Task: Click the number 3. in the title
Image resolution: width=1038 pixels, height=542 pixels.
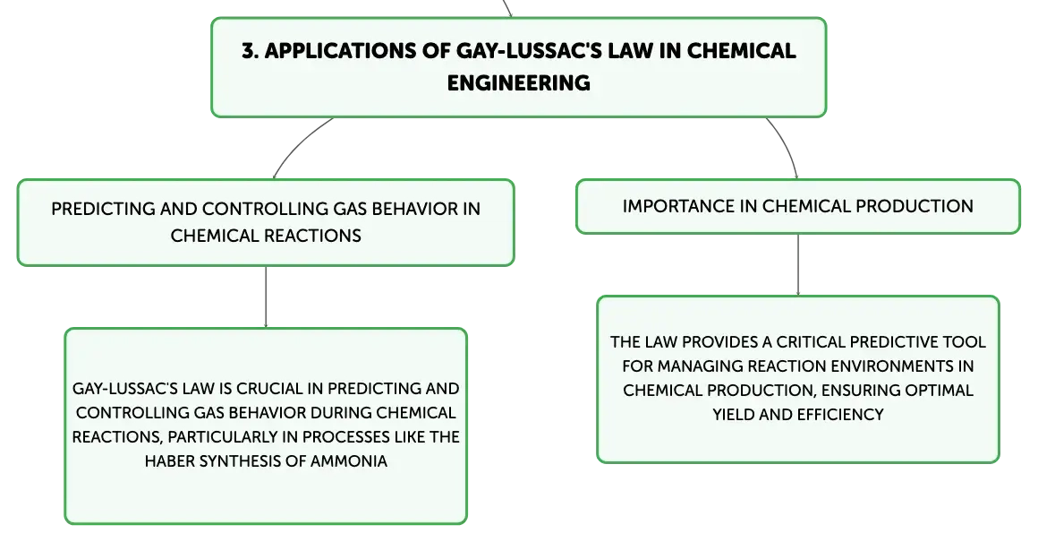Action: pyautogui.click(x=250, y=51)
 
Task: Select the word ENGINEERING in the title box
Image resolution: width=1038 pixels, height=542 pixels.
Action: pyautogui.click(x=518, y=82)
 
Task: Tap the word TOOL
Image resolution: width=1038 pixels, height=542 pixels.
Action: pyautogui.click(x=967, y=342)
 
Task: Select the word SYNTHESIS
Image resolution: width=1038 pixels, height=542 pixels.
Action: pyautogui.click(x=243, y=461)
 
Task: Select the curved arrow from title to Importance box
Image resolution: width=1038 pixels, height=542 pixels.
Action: pyautogui.click(x=787, y=145)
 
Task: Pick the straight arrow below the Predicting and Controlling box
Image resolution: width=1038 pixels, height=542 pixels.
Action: pyautogui.click(x=266, y=297)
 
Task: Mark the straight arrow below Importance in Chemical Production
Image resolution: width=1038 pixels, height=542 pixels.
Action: pyautogui.click(x=797, y=265)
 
